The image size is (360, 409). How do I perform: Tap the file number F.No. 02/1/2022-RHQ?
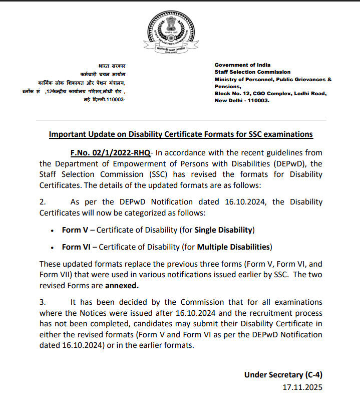110,152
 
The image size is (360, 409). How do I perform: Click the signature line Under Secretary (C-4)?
284,375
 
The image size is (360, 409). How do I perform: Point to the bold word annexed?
121,285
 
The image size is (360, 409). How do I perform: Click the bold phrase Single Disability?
224,230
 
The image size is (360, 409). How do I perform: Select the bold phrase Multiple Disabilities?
233,247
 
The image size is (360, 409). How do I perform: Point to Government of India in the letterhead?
242,65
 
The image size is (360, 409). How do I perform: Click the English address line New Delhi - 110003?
242,100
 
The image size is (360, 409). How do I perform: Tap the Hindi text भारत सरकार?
112,66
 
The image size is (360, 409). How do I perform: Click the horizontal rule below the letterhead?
180,120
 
